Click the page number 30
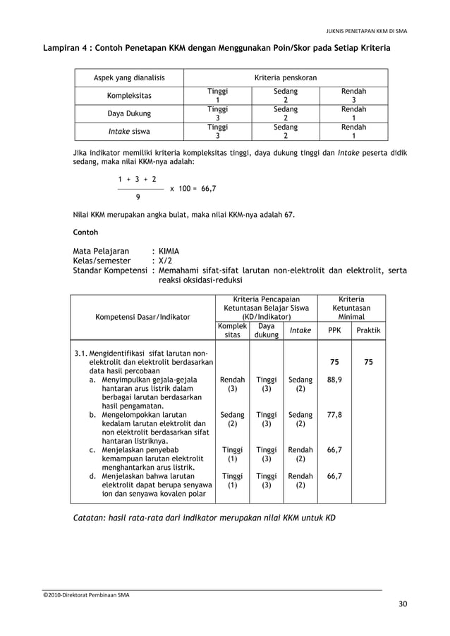[402, 604]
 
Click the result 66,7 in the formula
[208, 189]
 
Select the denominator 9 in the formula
[138, 198]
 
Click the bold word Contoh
[86, 232]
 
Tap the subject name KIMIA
[169, 251]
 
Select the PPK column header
[334, 330]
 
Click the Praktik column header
[368, 330]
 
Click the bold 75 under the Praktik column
[368, 362]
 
